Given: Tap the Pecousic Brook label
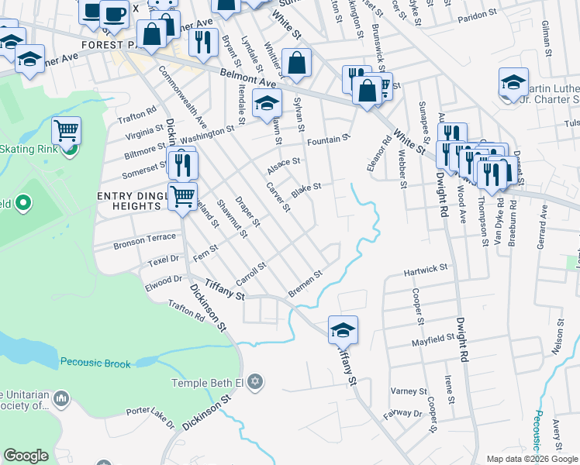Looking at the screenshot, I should tap(96, 363).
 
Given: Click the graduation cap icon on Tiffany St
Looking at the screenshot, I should tap(343, 331).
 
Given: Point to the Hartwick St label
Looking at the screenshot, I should tap(426, 269).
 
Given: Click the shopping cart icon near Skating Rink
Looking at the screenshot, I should tap(67, 131).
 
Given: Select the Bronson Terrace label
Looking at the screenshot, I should tap(145, 243).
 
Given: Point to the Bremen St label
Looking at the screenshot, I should tap(305, 283).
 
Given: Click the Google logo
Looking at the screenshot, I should tap(26, 456).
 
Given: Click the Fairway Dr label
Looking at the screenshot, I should tap(406, 414).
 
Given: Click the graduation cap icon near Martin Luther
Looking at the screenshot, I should tap(513, 82).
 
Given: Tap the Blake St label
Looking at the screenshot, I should tap(306, 189).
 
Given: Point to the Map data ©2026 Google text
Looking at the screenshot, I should tap(532, 459).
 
